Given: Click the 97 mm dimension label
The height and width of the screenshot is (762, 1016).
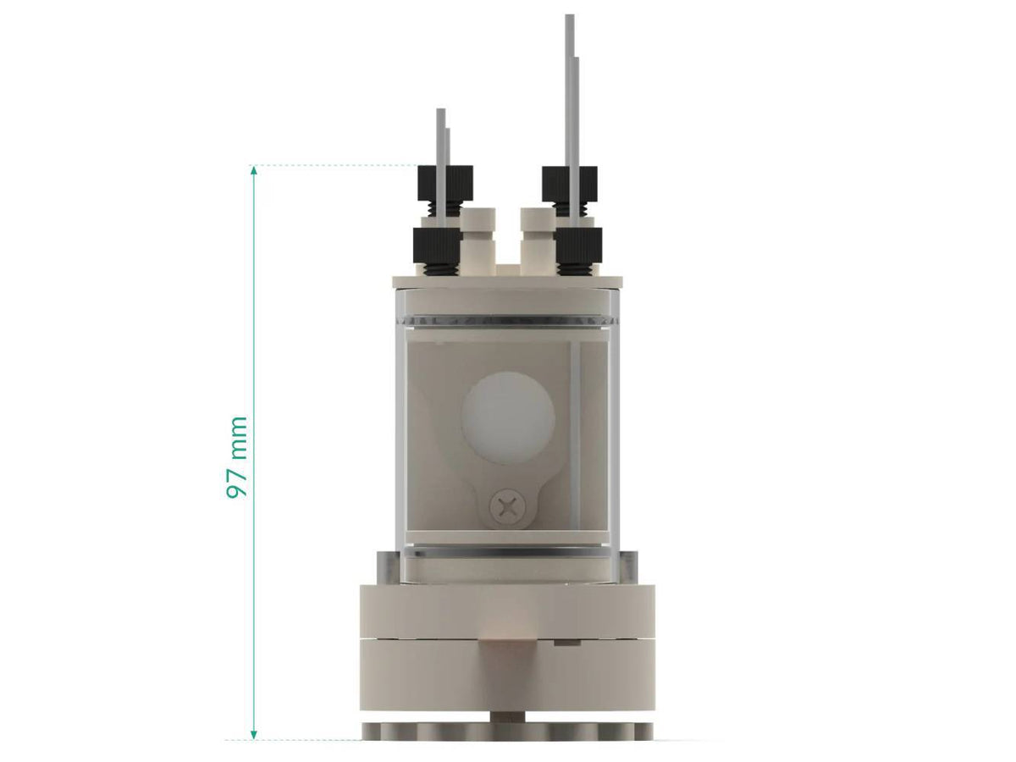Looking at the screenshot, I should [238, 456].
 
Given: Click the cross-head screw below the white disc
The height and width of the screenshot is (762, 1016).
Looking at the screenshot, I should [508, 508].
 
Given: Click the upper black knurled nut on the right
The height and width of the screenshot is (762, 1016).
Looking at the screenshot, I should [569, 184].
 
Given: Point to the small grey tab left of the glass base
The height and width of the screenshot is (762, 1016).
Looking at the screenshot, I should [384, 566].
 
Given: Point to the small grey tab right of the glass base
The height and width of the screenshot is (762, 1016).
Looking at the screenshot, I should [631, 566].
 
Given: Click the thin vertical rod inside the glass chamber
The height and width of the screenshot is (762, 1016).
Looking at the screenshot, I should [575, 432].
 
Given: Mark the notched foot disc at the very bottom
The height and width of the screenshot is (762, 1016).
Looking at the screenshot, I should [508, 730].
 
